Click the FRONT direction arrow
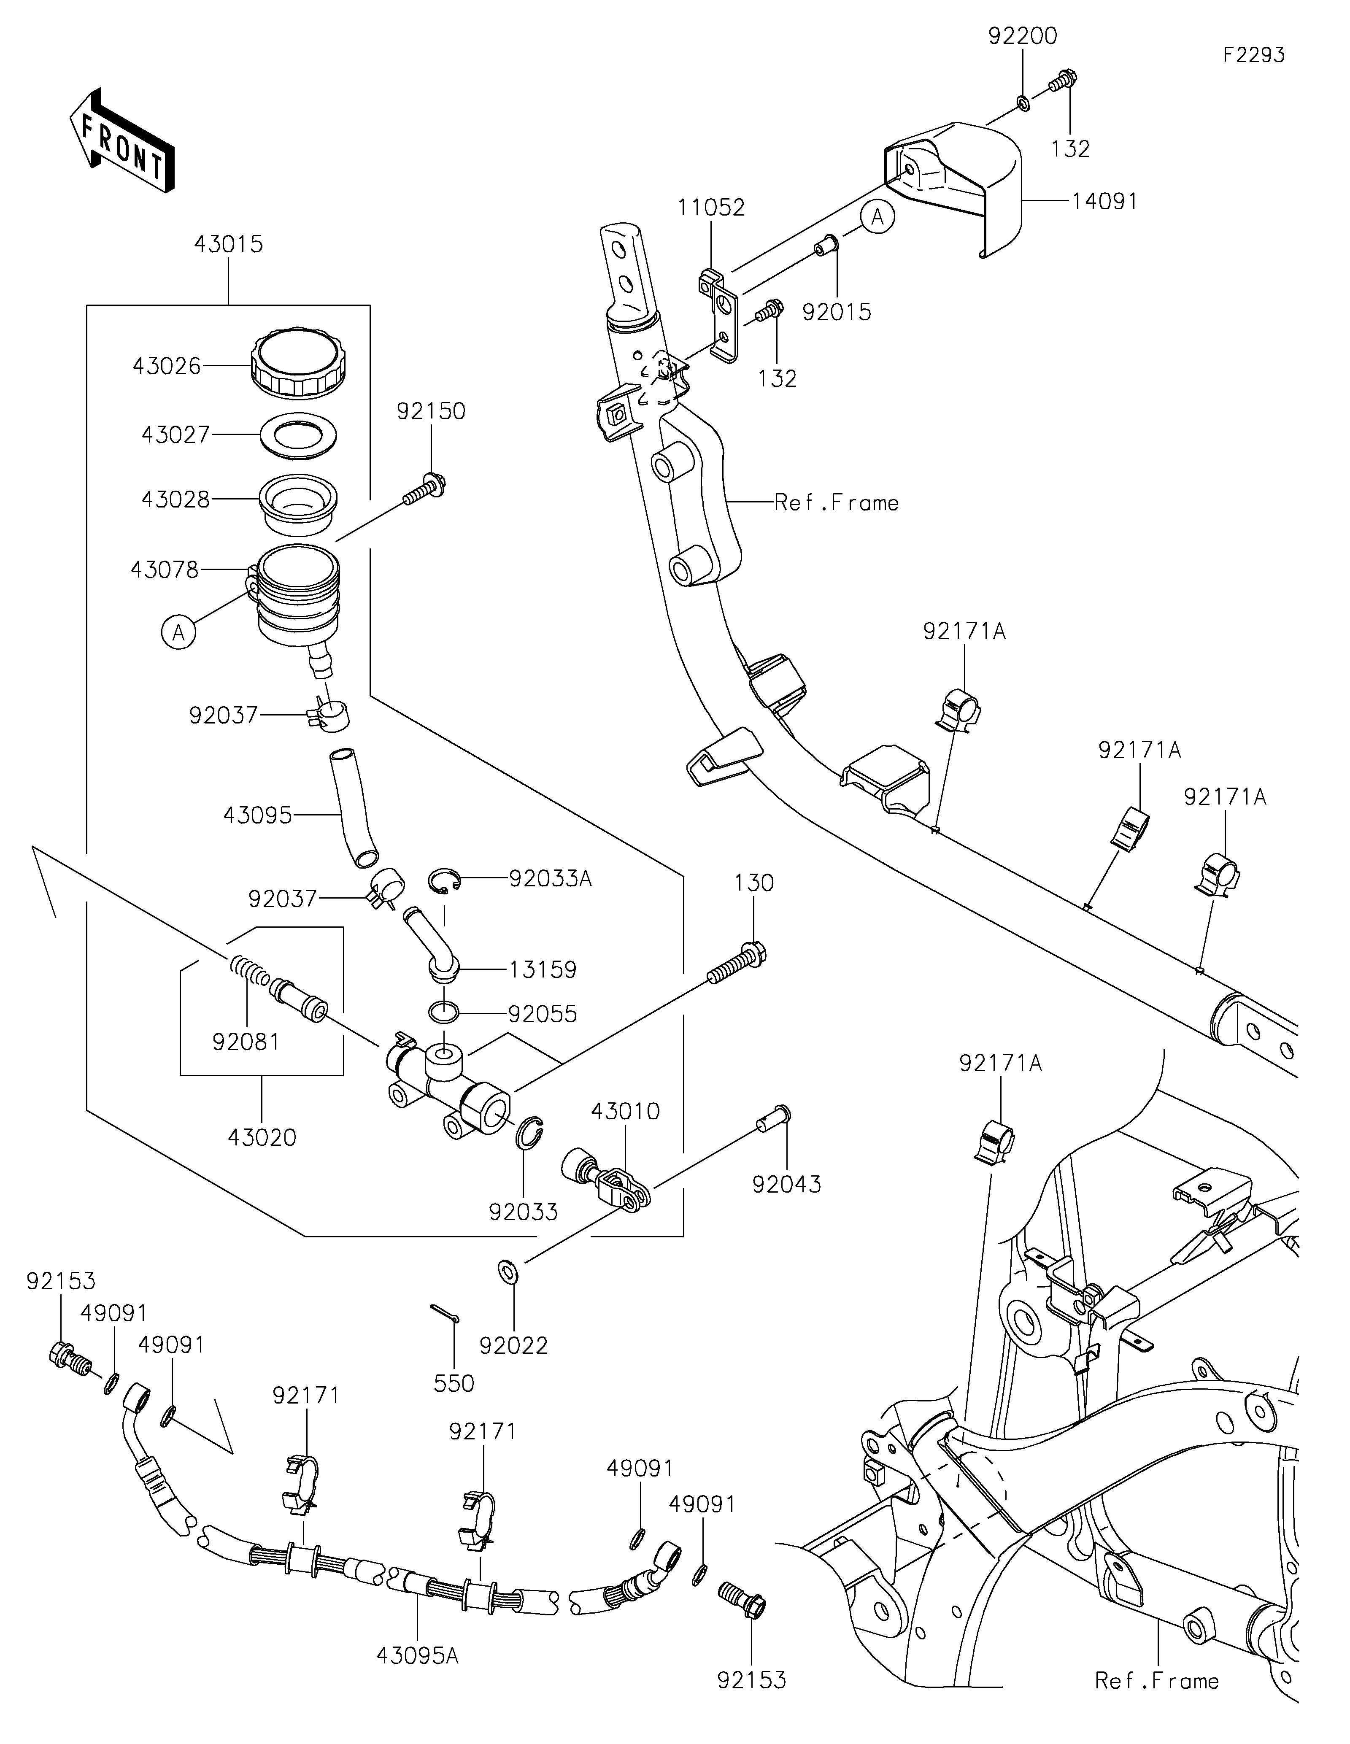tap(121, 140)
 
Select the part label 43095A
tap(417, 1656)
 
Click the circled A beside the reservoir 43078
tap(179, 632)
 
